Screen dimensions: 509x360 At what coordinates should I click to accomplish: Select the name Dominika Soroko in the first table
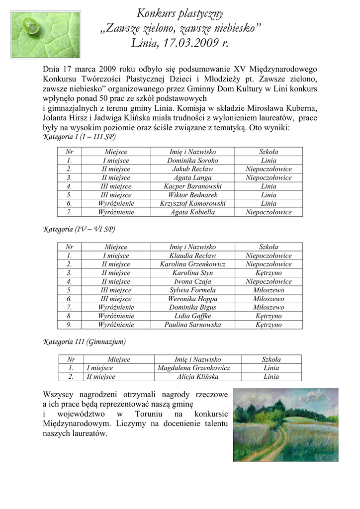[192, 161]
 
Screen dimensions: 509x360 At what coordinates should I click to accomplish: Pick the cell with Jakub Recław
[192, 169]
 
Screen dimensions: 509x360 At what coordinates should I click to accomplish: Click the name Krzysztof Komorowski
[192, 203]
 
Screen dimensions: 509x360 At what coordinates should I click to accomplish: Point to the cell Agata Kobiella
[192, 212]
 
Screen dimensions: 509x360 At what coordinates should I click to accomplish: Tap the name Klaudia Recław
[192, 255]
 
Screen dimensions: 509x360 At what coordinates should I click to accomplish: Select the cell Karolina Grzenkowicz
[192, 264]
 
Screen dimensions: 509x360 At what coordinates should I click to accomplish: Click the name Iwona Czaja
[192, 281]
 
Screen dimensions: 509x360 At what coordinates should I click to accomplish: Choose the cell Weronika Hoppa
[192, 299]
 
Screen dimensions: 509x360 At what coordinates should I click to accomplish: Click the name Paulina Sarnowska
[192, 325]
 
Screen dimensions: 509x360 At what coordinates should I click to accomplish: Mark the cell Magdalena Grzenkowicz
[193, 368]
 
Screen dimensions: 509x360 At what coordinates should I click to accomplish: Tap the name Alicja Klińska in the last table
[197, 377]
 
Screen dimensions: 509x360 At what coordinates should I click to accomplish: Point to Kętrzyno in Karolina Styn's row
[269, 273]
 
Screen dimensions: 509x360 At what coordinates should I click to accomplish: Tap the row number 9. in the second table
[69, 325]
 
